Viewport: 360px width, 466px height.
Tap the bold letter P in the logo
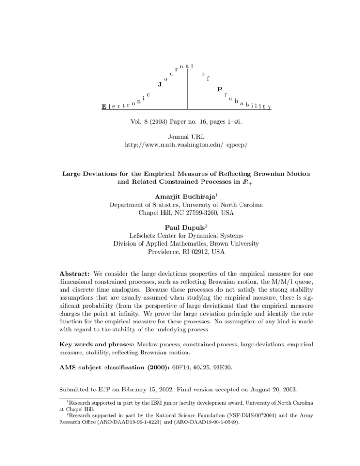(x=219, y=90)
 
